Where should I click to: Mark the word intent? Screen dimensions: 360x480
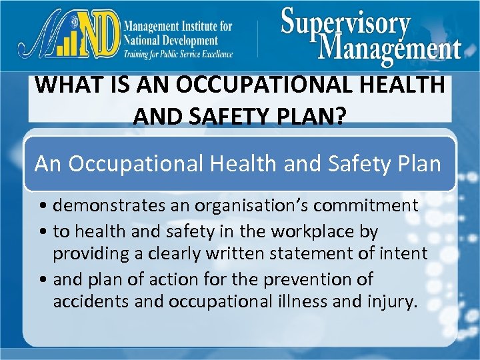[x=403, y=254]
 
